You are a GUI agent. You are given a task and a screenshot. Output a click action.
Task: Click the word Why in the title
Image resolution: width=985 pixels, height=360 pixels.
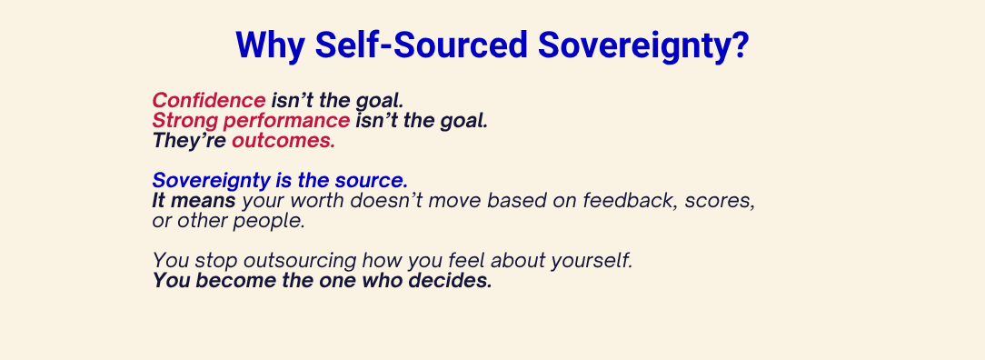[x=270, y=45]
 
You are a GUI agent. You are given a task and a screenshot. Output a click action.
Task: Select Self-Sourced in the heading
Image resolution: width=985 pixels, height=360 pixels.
[x=421, y=45]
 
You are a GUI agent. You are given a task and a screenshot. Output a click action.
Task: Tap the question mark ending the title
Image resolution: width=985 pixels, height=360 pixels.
[x=740, y=45]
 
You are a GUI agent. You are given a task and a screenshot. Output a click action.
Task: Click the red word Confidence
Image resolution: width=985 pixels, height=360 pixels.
[x=209, y=101]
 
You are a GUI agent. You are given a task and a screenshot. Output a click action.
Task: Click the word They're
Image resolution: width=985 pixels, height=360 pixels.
[x=189, y=141]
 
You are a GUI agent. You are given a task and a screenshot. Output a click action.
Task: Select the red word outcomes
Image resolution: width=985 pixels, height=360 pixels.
[x=284, y=141]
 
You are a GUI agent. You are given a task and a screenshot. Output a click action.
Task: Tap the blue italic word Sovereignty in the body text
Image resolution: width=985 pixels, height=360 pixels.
[x=211, y=181]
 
